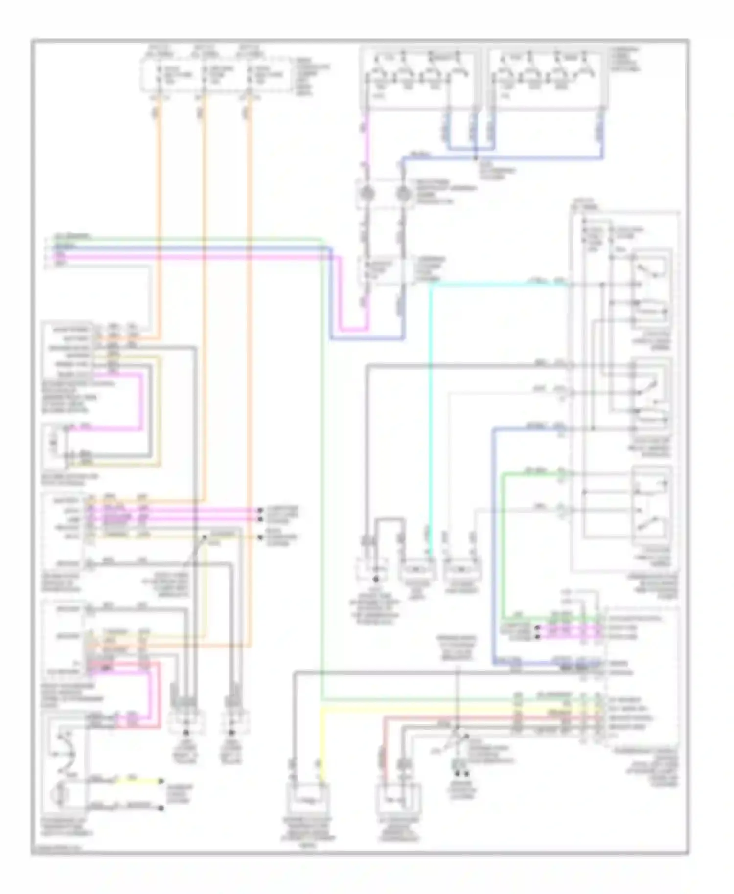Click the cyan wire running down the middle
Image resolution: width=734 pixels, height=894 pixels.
(430, 416)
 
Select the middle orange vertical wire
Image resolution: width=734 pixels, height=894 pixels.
(204, 293)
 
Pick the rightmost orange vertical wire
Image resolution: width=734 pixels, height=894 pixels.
(250, 342)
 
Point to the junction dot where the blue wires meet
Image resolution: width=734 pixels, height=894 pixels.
(476, 158)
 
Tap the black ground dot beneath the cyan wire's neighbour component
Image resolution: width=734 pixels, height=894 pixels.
(376, 579)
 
